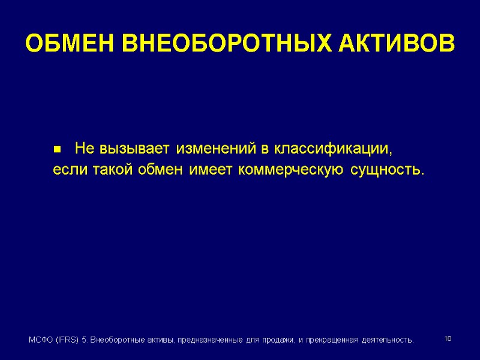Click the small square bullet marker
click(57, 148)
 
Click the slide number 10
click(447, 340)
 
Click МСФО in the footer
click(40, 340)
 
